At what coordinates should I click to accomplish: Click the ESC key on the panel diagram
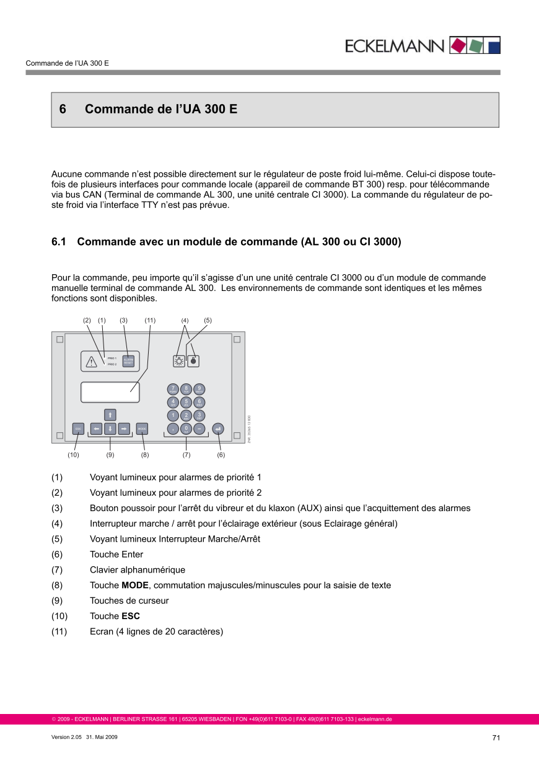click(79, 429)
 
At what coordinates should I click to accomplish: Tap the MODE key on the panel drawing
click(142, 429)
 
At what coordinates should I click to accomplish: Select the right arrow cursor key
click(124, 429)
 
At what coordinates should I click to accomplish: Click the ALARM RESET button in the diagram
click(129, 362)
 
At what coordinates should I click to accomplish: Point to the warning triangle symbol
click(92, 362)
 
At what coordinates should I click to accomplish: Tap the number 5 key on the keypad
click(186, 403)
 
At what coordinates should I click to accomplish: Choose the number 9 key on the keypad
click(199, 389)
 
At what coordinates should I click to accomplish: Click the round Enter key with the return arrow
click(217, 429)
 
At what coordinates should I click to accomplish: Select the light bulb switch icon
click(179, 360)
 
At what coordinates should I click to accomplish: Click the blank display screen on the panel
click(110, 392)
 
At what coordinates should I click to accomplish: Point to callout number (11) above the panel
click(150, 321)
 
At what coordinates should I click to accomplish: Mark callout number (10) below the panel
click(73, 455)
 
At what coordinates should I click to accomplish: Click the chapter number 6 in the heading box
click(63, 110)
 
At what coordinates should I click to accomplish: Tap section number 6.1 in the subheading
click(59, 241)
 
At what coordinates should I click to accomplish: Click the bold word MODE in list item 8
click(135, 586)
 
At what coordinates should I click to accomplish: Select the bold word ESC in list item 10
click(131, 617)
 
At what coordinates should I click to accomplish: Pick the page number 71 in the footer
click(496, 738)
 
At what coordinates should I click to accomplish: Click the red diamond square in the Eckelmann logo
click(457, 45)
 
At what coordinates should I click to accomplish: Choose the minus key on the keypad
click(199, 429)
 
